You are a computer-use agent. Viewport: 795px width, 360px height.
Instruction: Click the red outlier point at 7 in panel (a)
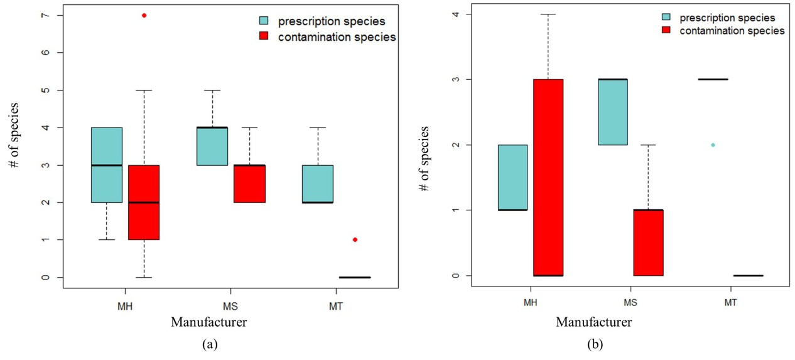coord(144,15)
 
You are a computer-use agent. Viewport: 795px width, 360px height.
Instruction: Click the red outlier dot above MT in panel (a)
coord(355,239)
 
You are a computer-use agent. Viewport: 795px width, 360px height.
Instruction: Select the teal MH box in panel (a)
coord(106,165)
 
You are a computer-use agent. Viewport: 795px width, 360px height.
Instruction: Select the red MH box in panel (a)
coord(144,202)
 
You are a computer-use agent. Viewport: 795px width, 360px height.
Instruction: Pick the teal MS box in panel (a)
coord(212,146)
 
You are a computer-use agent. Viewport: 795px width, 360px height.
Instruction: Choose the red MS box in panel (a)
coord(249,183)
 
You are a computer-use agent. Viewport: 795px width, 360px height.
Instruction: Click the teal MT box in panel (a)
coord(318,183)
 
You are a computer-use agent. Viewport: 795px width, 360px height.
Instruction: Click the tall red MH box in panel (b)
coord(548,177)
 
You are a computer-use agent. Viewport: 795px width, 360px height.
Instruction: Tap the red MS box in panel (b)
coord(648,243)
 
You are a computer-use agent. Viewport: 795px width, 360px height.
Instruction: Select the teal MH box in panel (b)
coord(512,177)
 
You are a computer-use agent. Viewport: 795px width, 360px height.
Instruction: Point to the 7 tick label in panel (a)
coord(43,15)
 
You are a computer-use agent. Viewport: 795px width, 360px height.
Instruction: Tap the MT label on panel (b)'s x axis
coord(730,303)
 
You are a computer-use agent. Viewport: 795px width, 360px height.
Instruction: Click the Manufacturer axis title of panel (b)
coord(593,322)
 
